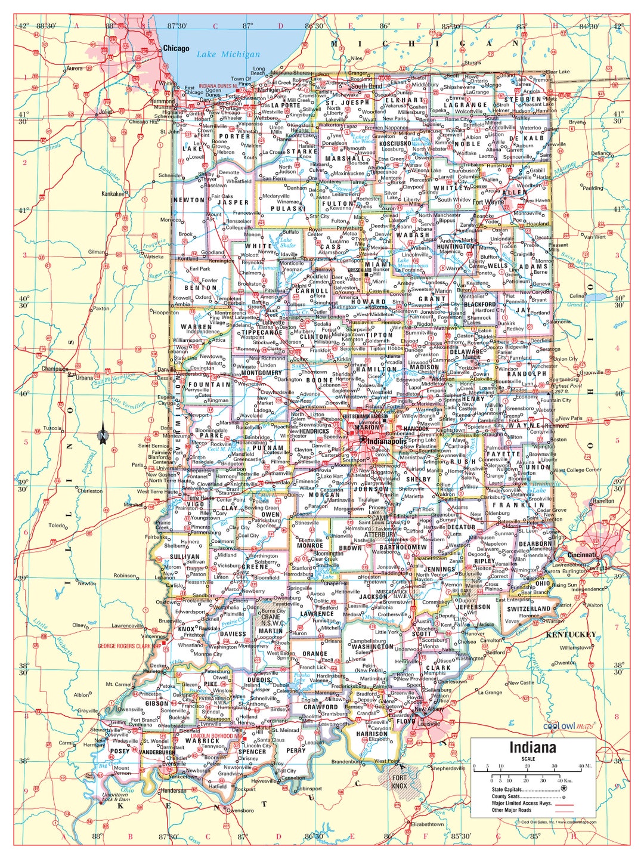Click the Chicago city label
(176, 48)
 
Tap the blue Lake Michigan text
(228, 54)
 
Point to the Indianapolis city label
(389, 441)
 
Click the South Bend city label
(366, 86)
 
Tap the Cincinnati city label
(581, 555)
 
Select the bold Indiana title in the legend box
(532, 748)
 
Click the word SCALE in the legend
(528, 759)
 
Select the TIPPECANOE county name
(261, 333)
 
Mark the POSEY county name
(120, 751)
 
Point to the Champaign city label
(54, 369)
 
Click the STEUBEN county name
(525, 100)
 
